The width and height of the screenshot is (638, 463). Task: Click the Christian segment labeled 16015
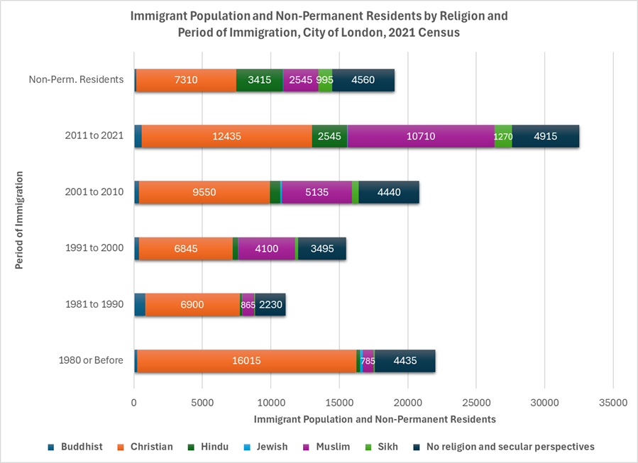(x=246, y=361)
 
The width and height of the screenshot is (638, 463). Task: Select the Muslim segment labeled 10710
(x=420, y=136)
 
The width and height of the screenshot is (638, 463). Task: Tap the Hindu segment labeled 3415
(x=259, y=80)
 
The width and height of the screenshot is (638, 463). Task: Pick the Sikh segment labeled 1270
(x=503, y=136)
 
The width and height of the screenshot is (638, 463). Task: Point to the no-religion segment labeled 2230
(x=270, y=305)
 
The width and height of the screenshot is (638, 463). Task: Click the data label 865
(x=248, y=305)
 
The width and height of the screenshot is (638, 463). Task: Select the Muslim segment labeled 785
(x=368, y=361)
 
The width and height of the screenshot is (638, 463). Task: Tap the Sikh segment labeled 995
(x=325, y=80)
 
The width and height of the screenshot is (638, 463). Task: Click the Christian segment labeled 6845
(x=185, y=248)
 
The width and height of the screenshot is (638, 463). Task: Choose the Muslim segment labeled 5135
(x=317, y=192)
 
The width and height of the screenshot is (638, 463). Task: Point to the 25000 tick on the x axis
(x=476, y=402)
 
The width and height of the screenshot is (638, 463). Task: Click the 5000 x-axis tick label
(x=202, y=402)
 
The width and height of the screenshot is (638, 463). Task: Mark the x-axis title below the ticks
(x=374, y=419)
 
